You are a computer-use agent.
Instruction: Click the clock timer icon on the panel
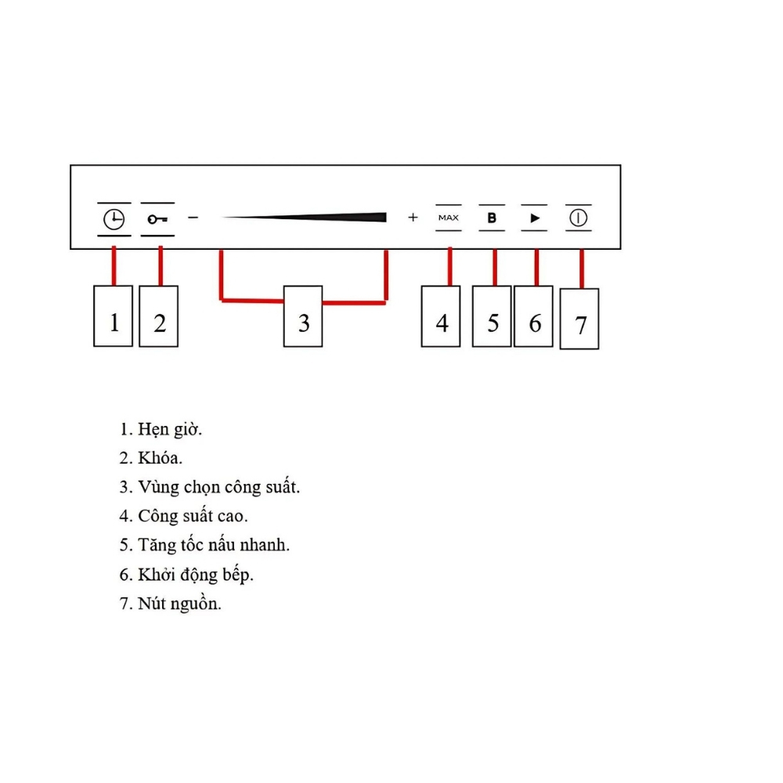114,219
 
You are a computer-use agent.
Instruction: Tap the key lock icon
157,219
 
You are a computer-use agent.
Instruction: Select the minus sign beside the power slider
193,218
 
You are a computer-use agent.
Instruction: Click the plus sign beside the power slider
413,217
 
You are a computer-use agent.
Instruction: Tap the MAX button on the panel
449,218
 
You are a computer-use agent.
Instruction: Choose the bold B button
492,218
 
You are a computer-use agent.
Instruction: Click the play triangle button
535,218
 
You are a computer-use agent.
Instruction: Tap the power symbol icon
579,218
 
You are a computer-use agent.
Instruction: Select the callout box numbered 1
114,316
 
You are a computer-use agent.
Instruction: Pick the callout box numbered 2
159,316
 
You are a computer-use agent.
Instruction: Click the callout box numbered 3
303,316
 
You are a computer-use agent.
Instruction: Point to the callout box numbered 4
441,316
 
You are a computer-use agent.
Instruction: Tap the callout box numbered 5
492,316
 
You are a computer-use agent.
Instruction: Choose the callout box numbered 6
533,316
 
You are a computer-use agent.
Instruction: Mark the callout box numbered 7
579,319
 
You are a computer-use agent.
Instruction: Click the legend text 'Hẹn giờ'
170,430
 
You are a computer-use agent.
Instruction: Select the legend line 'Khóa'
160,458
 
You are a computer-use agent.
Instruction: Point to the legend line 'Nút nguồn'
179,604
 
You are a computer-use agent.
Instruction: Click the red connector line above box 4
450,267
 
